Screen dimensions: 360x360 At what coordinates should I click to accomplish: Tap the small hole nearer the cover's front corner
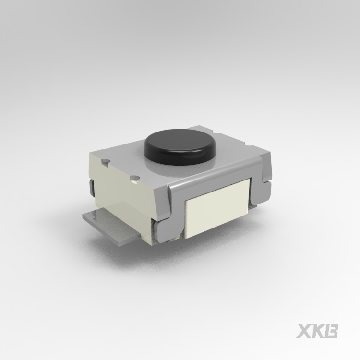(x=135, y=179)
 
